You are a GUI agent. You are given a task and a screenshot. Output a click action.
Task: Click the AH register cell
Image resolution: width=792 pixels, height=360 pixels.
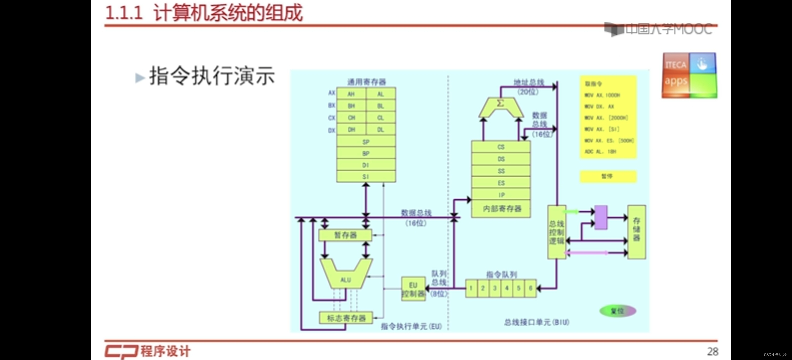tap(351, 94)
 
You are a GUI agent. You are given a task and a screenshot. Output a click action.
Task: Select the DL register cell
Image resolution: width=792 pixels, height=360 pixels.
tap(381, 130)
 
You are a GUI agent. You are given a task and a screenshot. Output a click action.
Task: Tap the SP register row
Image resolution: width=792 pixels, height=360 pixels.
tap(366, 142)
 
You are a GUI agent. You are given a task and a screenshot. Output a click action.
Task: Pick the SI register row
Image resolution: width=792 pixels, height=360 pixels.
tap(366, 177)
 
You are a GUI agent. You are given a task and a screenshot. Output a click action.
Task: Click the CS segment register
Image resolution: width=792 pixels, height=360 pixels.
tap(501, 147)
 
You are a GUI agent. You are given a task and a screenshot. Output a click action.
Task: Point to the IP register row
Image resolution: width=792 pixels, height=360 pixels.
tap(501, 195)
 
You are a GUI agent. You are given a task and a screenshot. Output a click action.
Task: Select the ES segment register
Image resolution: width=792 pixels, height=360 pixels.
tap(501, 183)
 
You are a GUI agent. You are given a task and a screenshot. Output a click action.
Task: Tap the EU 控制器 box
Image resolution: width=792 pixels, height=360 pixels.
tap(413, 289)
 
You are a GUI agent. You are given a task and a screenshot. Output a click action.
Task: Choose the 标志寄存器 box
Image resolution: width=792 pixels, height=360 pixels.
tap(346, 318)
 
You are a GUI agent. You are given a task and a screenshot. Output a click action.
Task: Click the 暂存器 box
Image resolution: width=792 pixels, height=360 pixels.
tap(345, 235)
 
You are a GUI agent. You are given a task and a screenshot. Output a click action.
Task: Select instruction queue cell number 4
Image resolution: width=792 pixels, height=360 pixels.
tap(507, 288)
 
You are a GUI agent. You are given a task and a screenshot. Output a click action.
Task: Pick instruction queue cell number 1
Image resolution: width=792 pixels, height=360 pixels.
tap(471, 288)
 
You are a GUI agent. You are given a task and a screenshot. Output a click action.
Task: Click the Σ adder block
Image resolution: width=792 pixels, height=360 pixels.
tap(500, 107)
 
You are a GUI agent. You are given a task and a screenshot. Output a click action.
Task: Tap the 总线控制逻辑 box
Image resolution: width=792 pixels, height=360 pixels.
tap(557, 232)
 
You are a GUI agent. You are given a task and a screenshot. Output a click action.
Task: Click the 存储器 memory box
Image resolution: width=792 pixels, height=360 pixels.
tap(637, 232)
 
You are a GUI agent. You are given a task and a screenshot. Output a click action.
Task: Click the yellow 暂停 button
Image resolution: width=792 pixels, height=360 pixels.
tap(608, 176)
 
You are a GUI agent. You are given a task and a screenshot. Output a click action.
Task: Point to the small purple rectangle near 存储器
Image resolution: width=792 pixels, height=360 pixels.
tap(601, 217)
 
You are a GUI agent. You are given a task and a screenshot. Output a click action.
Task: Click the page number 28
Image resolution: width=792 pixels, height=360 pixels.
tap(713, 351)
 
